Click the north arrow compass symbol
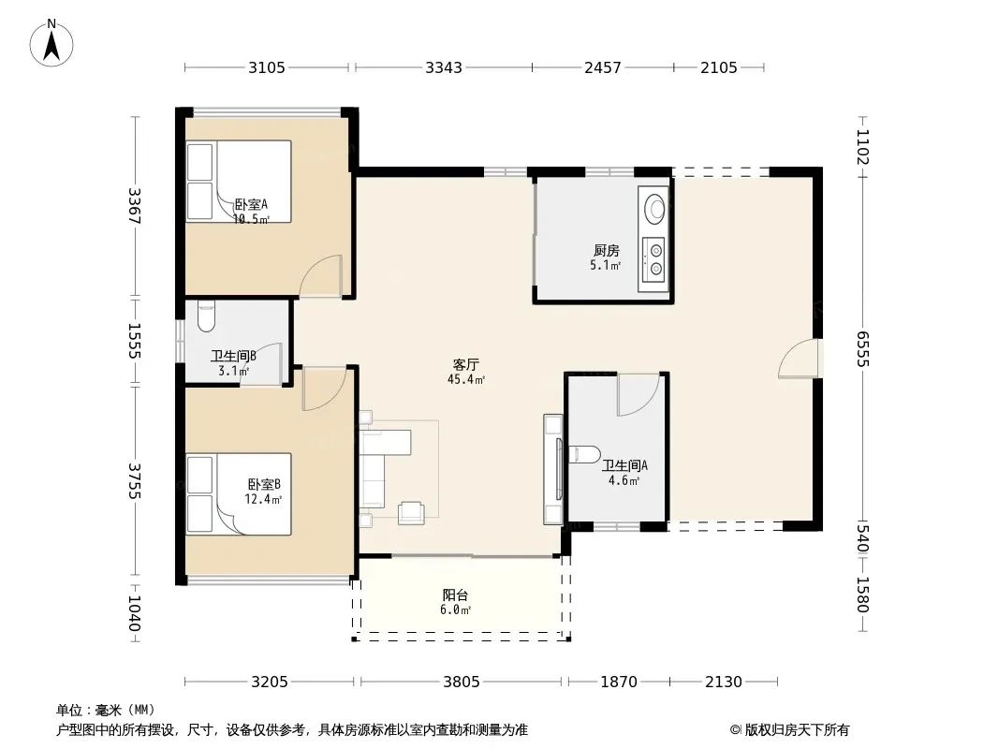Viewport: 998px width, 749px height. (51, 43)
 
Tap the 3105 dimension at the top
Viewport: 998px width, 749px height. (267, 67)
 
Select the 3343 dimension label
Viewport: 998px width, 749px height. (444, 67)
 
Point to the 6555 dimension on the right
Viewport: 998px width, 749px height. (862, 348)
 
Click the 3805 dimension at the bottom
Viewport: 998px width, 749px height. (462, 683)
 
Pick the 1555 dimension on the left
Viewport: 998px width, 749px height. (134, 341)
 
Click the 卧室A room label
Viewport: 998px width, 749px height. (252, 205)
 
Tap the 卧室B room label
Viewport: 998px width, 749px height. (264, 485)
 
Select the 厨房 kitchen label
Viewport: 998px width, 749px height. (606, 251)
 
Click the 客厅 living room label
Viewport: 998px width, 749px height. (466, 364)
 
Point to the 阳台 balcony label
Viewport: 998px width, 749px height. (456, 595)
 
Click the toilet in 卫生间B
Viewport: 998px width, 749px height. (206, 316)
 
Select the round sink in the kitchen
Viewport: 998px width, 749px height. (653, 208)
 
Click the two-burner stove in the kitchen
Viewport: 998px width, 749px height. (653, 259)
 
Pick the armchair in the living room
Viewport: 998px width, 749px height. (411, 513)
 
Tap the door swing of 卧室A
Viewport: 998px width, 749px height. (320, 275)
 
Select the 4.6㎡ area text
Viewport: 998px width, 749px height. (624, 481)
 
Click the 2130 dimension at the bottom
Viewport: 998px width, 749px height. (724, 683)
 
